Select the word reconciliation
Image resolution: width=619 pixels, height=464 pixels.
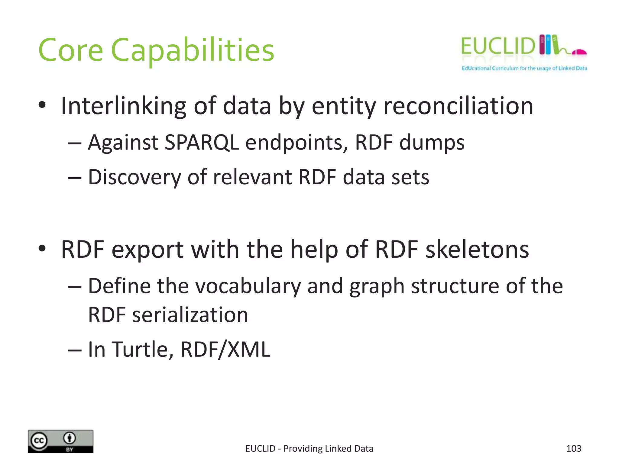point(458,106)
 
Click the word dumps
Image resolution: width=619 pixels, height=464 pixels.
point(432,142)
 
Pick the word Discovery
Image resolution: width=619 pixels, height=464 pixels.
point(134,177)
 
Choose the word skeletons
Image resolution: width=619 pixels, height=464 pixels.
point(477,250)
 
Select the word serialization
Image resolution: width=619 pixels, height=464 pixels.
point(190,315)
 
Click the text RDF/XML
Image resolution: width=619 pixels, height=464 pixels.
point(225,350)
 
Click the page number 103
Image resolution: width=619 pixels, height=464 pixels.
point(573,449)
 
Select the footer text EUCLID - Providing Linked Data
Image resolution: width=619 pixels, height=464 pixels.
point(309,449)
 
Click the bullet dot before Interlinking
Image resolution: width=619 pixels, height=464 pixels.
point(42,105)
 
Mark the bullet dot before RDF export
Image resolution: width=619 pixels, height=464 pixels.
point(42,249)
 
